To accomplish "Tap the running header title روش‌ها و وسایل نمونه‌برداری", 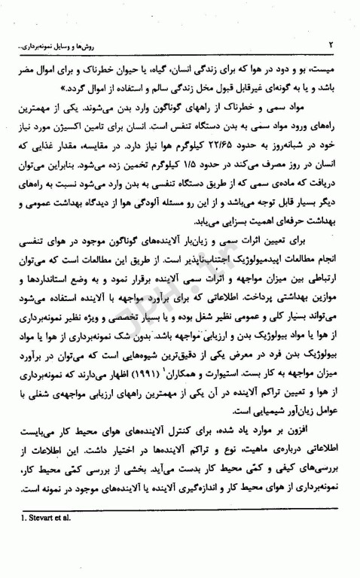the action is pos(61,45).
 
